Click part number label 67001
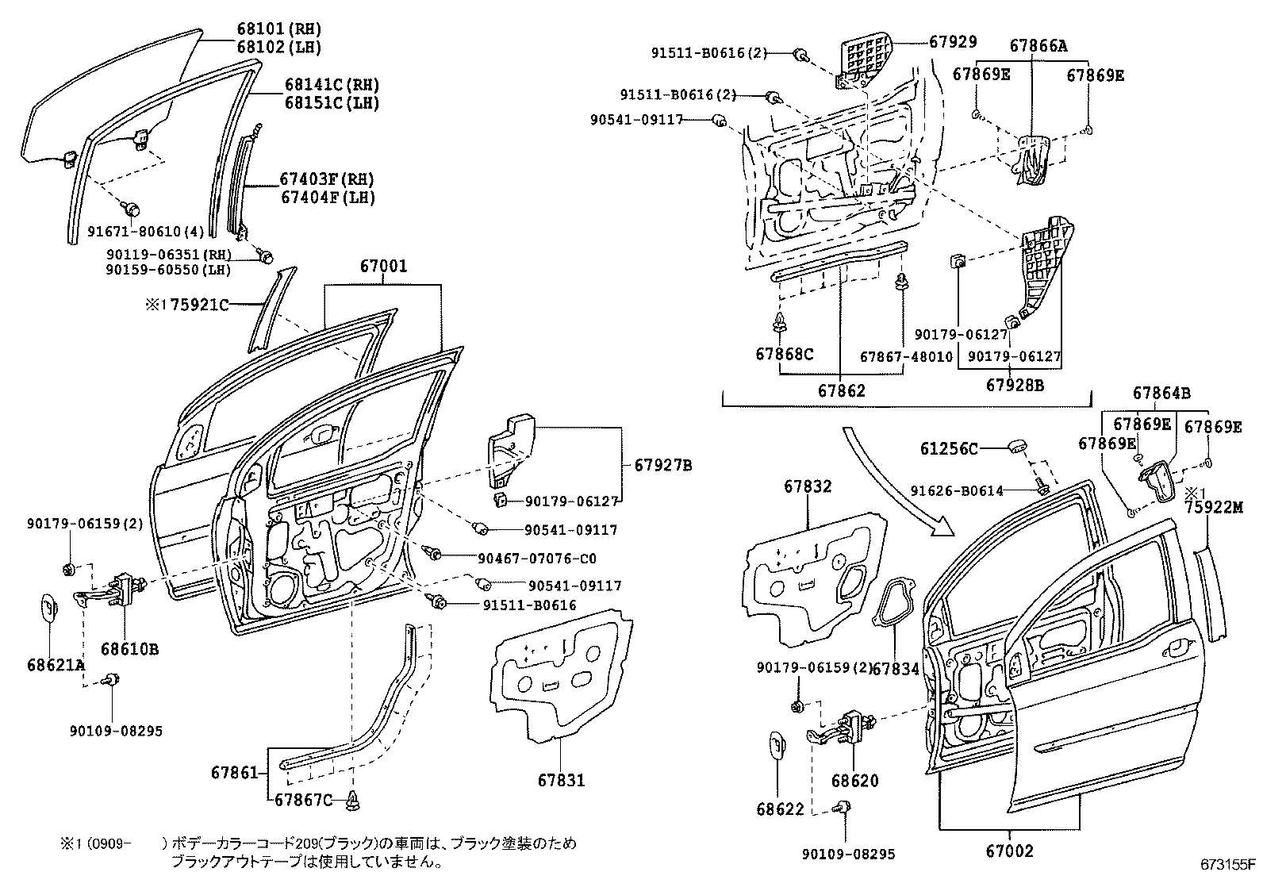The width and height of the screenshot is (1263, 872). (383, 267)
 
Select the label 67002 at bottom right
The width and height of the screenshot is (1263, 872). (1009, 851)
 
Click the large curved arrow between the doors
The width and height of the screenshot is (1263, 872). (896, 484)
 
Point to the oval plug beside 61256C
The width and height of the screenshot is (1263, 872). (1018, 448)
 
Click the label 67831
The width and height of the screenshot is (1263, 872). (560, 780)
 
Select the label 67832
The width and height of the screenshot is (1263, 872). (808, 486)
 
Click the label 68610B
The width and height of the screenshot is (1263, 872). (130, 649)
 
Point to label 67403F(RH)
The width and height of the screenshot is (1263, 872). (326, 179)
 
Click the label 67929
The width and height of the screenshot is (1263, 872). (952, 42)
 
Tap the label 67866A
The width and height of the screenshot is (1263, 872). (1038, 46)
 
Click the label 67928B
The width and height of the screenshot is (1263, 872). (1015, 385)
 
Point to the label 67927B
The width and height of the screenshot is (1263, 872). (662, 465)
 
